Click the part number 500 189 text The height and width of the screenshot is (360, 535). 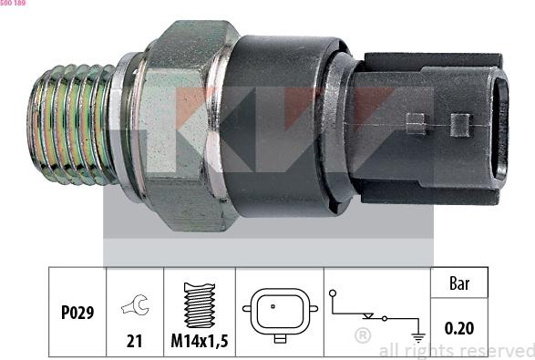[13, 3]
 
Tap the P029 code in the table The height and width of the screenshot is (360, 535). [77, 313]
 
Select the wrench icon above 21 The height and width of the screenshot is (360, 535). [136, 304]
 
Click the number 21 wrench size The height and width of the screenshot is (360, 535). [134, 341]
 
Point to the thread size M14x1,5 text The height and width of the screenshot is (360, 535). [200, 340]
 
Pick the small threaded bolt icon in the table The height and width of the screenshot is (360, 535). [200, 305]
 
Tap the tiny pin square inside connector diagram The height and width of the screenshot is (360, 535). [273, 306]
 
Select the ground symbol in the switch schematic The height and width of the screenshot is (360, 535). [418, 337]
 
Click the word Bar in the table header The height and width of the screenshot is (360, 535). [459, 283]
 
